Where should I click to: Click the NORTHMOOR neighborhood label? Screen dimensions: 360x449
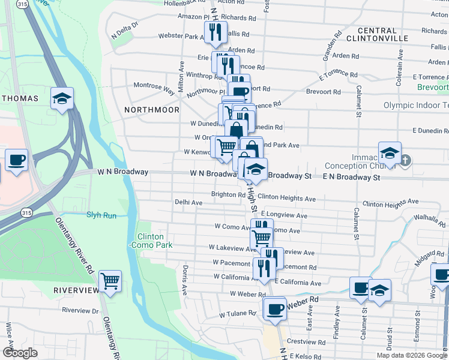click(x=151, y=110)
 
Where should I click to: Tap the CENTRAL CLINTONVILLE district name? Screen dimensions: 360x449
click(x=385, y=34)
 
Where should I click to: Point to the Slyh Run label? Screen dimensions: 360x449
click(x=101, y=215)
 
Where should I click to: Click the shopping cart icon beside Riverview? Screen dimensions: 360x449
click(x=110, y=280)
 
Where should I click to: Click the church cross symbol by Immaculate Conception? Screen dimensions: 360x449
click(x=406, y=160)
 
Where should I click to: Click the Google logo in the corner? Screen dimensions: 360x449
click(x=20, y=353)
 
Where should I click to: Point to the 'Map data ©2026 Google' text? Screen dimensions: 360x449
click(x=412, y=355)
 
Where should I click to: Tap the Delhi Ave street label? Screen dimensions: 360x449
click(x=188, y=203)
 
